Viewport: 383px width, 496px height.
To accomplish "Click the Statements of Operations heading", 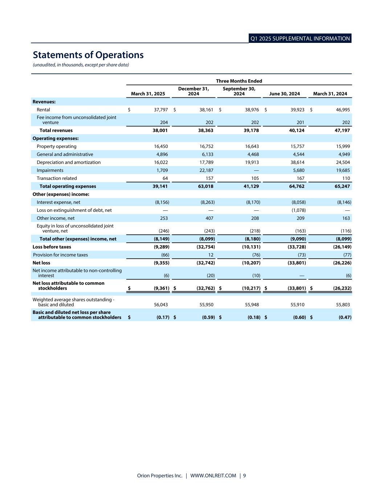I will (88, 55).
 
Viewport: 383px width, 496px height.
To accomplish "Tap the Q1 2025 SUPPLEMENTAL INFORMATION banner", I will (300, 39).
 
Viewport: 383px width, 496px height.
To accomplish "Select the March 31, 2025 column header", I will (148, 94).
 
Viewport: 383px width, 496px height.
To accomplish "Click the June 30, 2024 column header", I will (284, 94).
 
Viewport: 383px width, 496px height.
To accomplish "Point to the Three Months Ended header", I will (239, 81).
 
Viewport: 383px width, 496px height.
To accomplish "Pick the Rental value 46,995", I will (342, 110).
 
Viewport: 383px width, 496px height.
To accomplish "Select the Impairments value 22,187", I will (206, 170).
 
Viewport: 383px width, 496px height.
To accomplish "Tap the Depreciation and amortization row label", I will (69, 162).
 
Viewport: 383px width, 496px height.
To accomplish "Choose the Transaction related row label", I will (57, 178).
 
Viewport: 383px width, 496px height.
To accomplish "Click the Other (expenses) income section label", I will (61, 194).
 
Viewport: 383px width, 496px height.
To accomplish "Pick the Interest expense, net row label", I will (58, 202).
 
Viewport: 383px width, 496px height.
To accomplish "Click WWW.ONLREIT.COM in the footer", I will (213, 476).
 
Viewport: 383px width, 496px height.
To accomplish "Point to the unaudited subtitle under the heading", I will (81, 65).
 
